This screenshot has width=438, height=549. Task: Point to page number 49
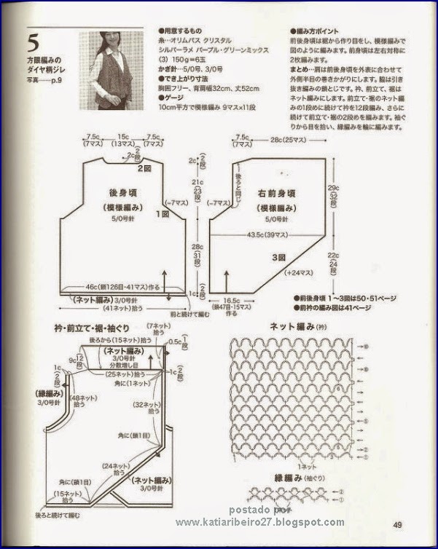398,526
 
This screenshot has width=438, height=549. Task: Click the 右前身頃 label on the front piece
276,194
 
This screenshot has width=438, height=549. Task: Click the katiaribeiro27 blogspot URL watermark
260,522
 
